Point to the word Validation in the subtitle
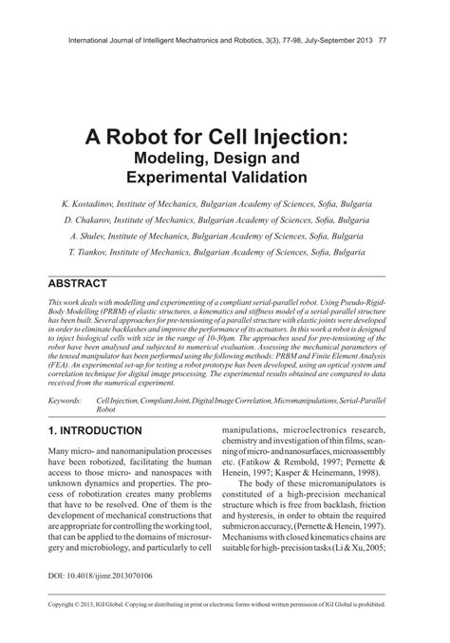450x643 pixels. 266,177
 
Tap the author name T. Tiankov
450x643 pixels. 89,254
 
